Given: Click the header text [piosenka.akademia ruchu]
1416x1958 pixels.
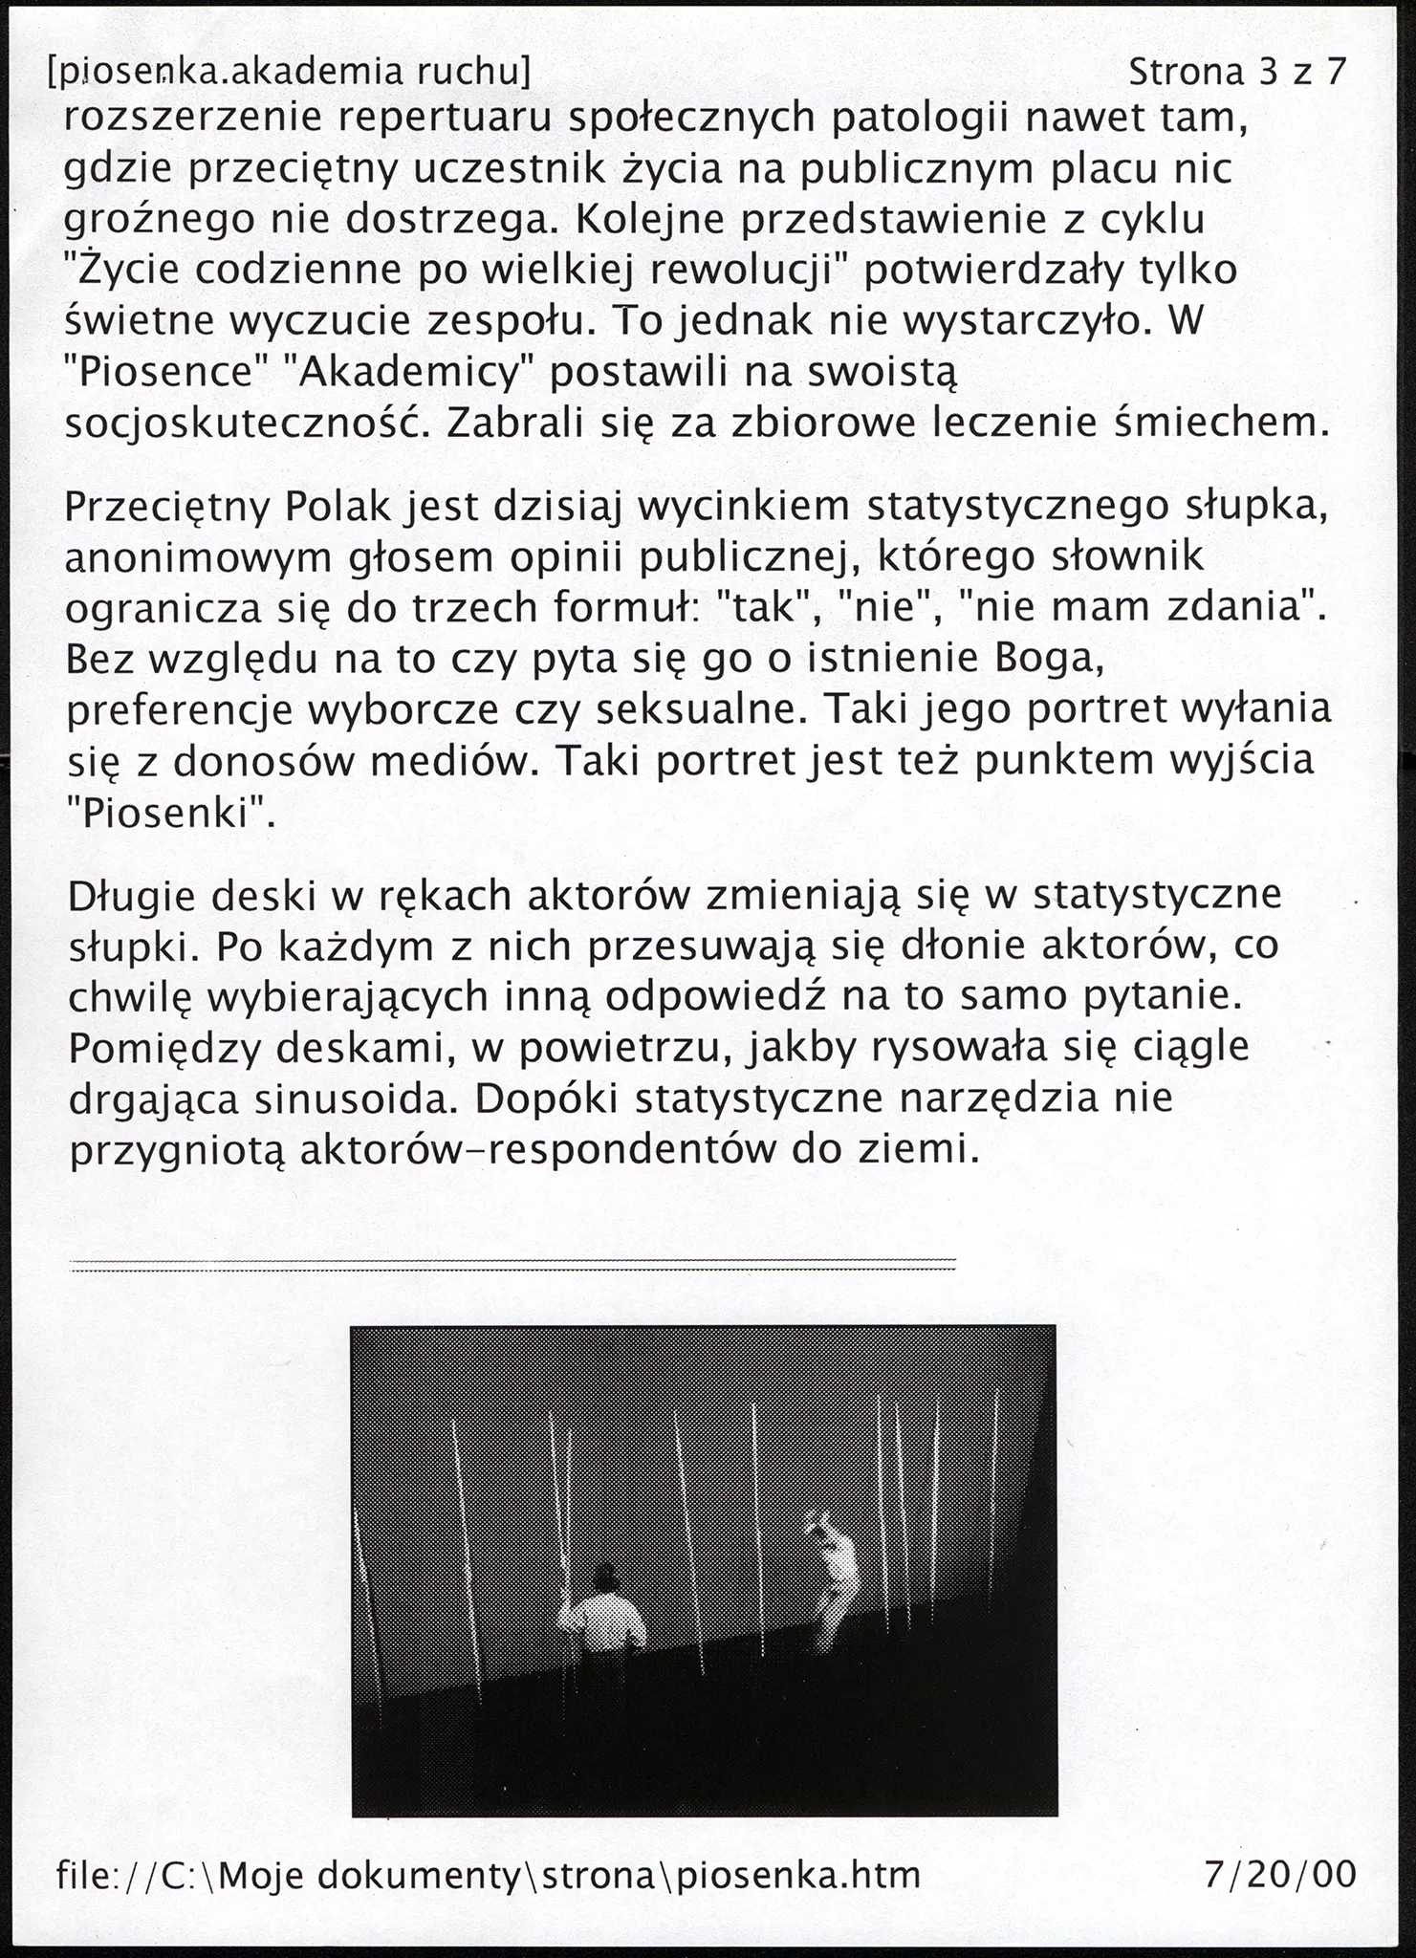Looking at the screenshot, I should click(x=288, y=71).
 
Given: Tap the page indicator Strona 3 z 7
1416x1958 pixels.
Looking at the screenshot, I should click(x=1237, y=71).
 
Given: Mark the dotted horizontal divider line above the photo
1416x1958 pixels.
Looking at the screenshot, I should click(x=512, y=1265).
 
